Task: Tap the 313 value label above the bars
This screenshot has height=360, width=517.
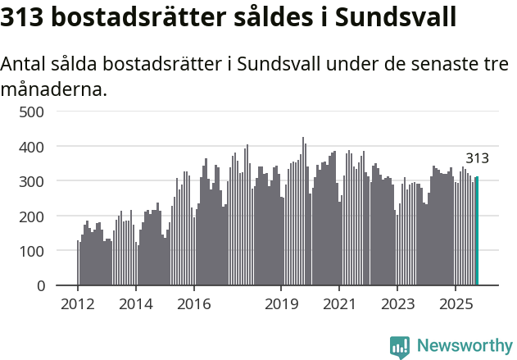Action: (477, 159)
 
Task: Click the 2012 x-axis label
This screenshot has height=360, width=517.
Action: (78, 305)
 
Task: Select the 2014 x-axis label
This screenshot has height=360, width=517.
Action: (136, 305)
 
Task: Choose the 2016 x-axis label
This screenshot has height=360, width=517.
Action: (193, 305)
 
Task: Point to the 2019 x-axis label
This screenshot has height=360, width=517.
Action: (281, 305)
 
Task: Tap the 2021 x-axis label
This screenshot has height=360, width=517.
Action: (339, 305)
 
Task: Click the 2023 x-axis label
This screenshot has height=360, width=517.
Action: (397, 305)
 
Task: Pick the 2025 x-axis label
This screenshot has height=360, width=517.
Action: (456, 305)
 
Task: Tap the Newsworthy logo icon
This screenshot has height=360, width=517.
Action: (400, 347)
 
